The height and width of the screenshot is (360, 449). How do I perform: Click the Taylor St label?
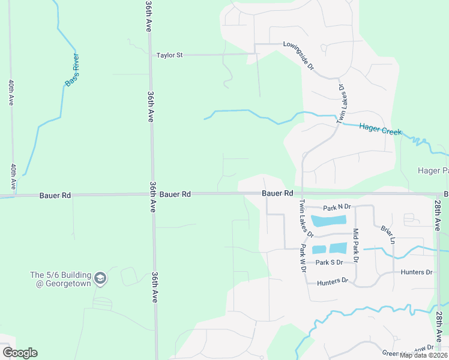169,55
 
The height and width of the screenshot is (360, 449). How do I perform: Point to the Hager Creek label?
380,129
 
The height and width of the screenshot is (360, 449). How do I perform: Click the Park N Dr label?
337,208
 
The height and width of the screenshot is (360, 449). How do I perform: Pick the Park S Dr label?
329,262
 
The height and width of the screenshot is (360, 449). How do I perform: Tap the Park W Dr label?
304,259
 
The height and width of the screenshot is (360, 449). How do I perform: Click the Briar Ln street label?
387,233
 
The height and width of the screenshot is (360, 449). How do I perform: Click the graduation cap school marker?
101,278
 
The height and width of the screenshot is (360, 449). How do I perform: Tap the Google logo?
20,353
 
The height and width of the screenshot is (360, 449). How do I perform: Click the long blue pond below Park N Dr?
329,221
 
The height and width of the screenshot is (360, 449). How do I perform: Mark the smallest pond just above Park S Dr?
319,249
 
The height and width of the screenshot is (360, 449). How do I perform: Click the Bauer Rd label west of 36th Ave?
55,195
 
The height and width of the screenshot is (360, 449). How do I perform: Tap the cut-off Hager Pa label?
433,171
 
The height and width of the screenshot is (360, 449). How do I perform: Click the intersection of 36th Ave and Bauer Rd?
152,194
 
